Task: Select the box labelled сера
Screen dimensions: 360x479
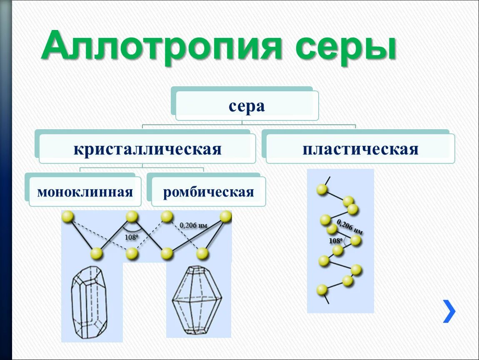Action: click(247, 106)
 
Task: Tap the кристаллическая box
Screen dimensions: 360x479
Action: click(147, 149)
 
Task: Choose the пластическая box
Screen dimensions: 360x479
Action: click(360, 149)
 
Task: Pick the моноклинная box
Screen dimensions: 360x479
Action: click(85, 192)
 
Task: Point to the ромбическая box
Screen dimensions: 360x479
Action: click(208, 192)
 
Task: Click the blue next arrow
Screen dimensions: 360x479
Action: click(449, 311)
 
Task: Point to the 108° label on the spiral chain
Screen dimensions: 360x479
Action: click(335, 241)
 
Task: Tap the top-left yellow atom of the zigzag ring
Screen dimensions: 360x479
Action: click(68, 217)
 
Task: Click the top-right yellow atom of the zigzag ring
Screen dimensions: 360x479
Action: click(225, 216)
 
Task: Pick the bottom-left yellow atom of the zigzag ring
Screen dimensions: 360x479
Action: click(97, 253)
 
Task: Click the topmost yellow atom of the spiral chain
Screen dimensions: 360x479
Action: click(322, 190)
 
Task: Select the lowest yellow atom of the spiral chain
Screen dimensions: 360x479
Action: click(322, 290)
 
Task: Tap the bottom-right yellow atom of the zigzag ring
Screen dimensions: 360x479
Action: click(202, 253)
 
